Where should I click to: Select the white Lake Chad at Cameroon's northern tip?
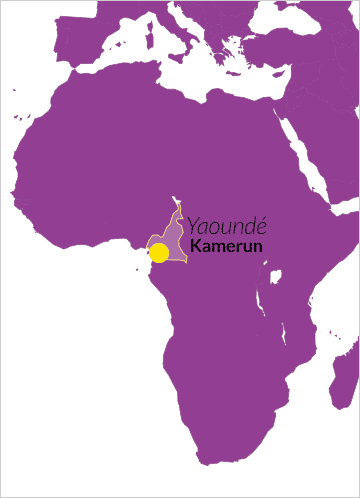point(174,198)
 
